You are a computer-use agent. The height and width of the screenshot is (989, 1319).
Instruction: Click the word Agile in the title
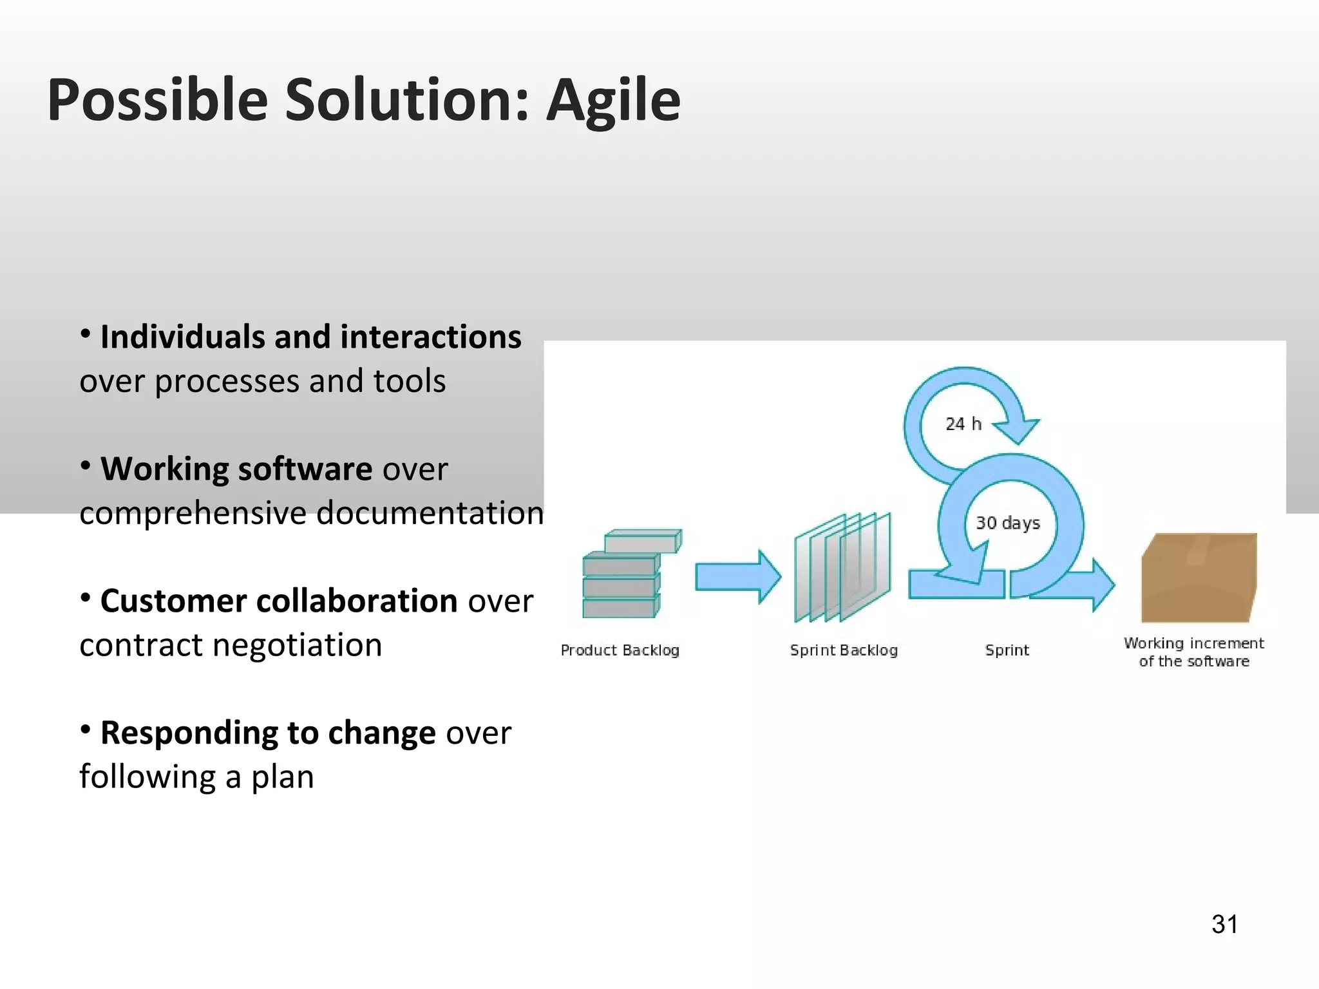tap(613, 100)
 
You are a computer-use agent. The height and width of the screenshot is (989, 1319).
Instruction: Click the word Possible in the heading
tap(158, 100)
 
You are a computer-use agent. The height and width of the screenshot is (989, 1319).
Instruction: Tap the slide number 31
tap(1224, 924)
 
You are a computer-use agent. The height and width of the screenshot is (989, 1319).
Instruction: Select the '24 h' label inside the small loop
tap(963, 424)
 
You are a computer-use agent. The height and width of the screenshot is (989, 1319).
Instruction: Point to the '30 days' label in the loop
tap(1007, 523)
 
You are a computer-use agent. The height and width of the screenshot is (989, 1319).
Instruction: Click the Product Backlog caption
tap(620, 650)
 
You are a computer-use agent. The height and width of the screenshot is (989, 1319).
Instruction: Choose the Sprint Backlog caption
tap(843, 650)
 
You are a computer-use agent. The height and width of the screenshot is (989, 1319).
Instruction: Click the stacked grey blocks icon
tap(628, 574)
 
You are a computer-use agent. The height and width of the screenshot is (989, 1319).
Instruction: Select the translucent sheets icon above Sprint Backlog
tap(842, 568)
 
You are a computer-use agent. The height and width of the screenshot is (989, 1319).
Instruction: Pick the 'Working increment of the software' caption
tap(1193, 652)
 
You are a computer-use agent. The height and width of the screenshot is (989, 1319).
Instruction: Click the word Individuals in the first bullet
tap(182, 337)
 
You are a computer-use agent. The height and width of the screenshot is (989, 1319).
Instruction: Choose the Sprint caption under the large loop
tap(1007, 650)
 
